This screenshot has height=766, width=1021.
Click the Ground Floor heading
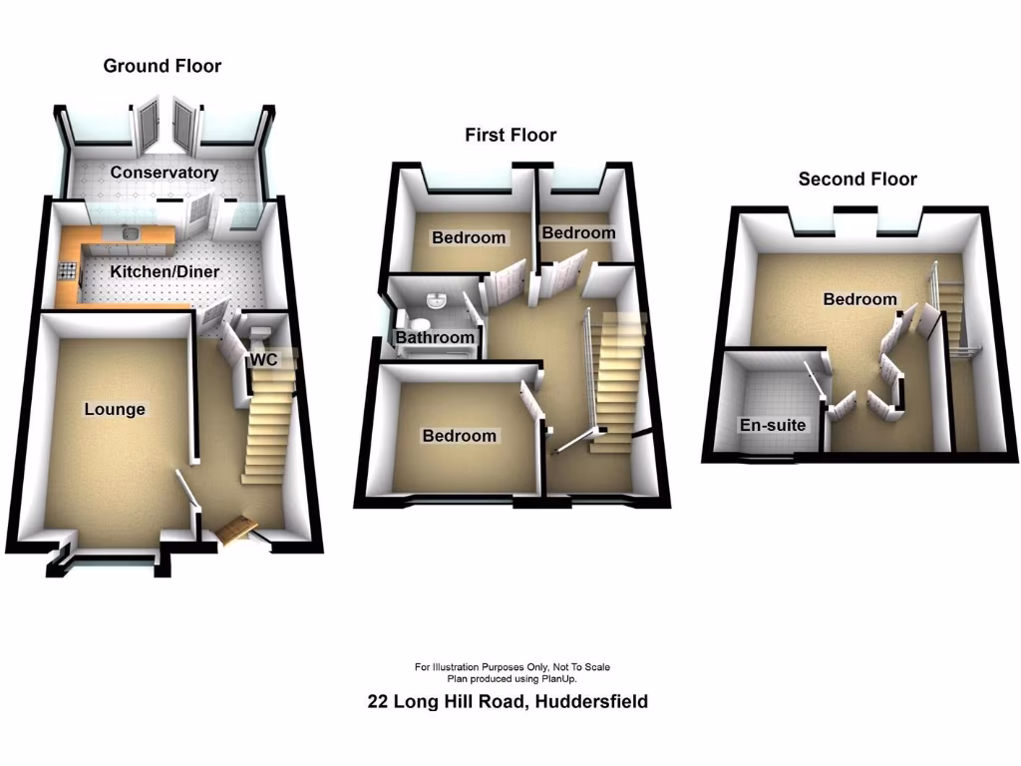pos(163,66)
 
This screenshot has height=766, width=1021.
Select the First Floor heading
pos(510,135)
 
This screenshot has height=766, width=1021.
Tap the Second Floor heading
pos(857,180)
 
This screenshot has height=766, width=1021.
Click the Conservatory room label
pos(165,173)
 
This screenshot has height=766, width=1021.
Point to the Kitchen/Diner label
pos(165,271)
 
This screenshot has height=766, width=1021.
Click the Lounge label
pos(115,409)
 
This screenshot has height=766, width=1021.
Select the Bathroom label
pos(435,338)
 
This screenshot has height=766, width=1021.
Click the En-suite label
pos(773,425)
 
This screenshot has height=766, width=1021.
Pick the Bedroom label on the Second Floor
pos(859,299)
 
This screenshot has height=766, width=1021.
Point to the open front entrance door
pos(235,530)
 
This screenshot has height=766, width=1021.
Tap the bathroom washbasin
pos(437,301)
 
